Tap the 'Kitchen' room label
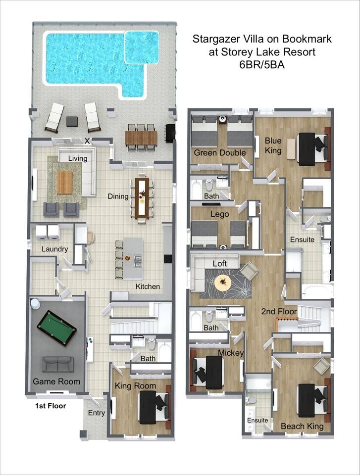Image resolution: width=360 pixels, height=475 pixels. [x=148, y=286]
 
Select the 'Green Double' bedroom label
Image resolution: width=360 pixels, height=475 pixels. [x=220, y=152]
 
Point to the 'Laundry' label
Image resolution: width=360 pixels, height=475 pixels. [x=54, y=249]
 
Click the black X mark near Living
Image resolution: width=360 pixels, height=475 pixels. [x=88, y=141]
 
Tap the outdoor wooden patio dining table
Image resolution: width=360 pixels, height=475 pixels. [x=141, y=137]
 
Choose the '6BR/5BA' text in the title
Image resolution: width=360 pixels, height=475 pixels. [x=262, y=65]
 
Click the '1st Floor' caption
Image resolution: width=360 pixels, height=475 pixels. [x=51, y=406]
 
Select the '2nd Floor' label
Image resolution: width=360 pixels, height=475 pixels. [x=279, y=311]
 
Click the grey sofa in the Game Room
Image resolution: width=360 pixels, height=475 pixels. [x=57, y=365]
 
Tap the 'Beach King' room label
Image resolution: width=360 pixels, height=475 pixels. [x=302, y=426]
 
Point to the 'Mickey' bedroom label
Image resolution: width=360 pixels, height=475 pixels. [x=231, y=353]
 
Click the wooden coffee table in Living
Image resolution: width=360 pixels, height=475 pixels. [x=64, y=183]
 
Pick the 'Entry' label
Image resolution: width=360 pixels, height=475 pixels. [x=97, y=413]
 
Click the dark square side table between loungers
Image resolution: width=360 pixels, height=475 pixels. [x=72, y=122]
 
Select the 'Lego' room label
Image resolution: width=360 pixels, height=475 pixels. [x=219, y=214]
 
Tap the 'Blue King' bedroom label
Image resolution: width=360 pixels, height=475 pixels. [x=273, y=145]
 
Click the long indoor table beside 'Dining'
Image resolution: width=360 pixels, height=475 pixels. [x=142, y=198]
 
